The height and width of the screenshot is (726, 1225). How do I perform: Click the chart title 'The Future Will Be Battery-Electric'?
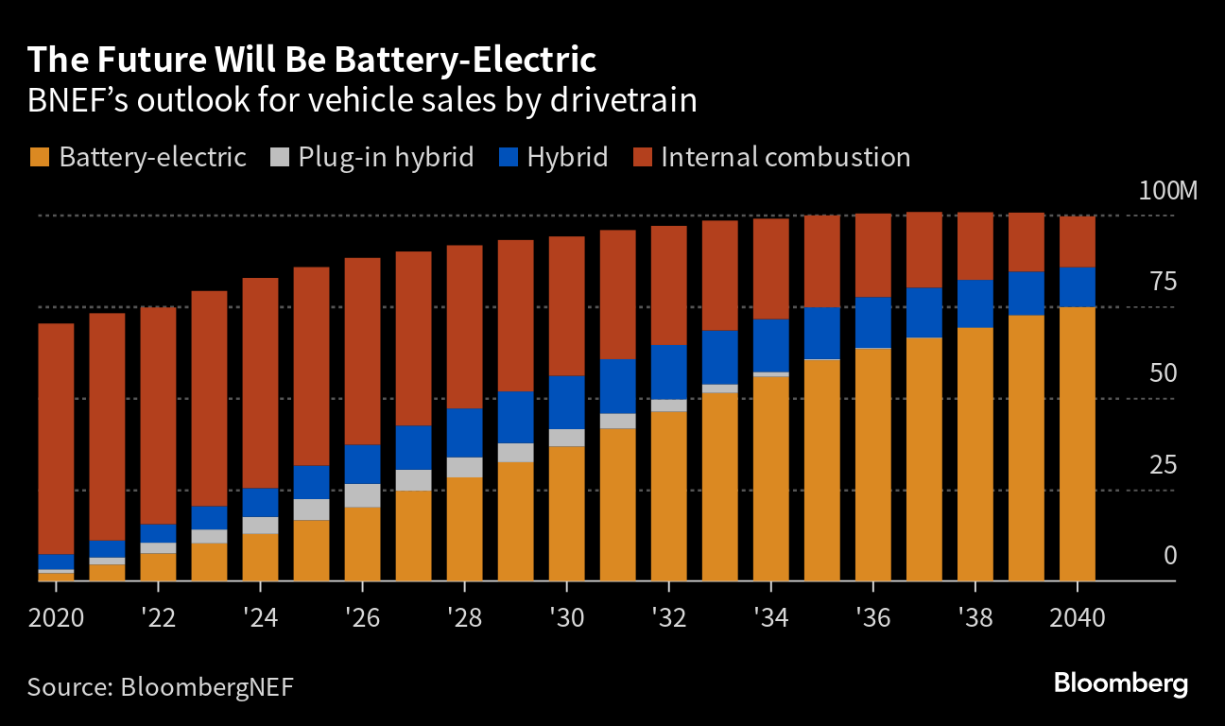pyautogui.click(x=312, y=60)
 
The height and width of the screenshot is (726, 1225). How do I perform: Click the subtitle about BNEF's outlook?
pyautogui.click(x=362, y=100)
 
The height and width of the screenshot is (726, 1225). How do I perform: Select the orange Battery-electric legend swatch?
pyautogui.click(x=40, y=157)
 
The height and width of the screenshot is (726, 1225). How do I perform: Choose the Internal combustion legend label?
pyautogui.click(x=785, y=157)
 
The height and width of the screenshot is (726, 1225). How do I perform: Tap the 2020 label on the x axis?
pyautogui.click(x=56, y=618)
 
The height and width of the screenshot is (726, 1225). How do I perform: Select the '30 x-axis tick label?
pyautogui.click(x=567, y=618)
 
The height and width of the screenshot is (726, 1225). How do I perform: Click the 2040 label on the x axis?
pyautogui.click(x=1077, y=618)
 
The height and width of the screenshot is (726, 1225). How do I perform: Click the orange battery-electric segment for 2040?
pyautogui.click(x=1077, y=444)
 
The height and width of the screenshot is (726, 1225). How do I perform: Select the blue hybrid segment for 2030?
pyautogui.click(x=567, y=402)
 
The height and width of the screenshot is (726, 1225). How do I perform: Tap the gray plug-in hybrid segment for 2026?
pyautogui.click(x=362, y=495)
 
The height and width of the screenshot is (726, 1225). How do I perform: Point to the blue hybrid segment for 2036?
pyautogui.click(x=873, y=322)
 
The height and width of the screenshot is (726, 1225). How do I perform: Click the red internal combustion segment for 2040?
pyautogui.click(x=1077, y=242)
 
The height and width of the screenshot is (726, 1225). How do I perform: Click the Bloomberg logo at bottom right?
pyautogui.click(x=1120, y=683)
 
